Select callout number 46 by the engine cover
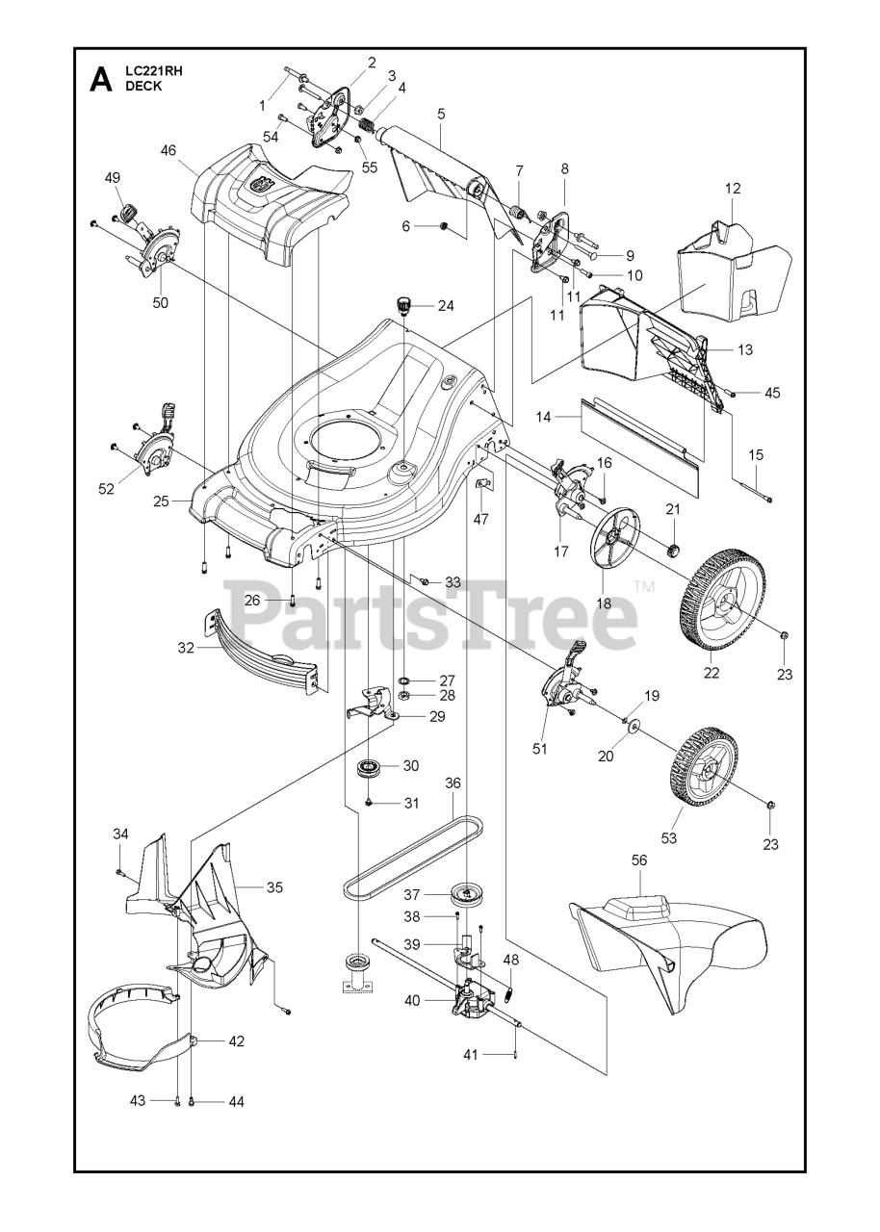pyautogui.click(x=168, y=151)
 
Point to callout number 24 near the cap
pyautogui.click(x=445, y=306)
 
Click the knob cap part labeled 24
pyautogui.click(x=402, y=306)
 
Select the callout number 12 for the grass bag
pyautogui.click(x=733, y=189)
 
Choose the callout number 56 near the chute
pyautogui.click(x=639, y=861)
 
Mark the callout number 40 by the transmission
pyautogui.click(x=412, y=1000)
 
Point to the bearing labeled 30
pyautogui.click(x=369, y=767)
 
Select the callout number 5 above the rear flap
pyautogui.click(x=441, y=113)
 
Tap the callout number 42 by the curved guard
pyautogui.click(x=236, y=1040)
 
